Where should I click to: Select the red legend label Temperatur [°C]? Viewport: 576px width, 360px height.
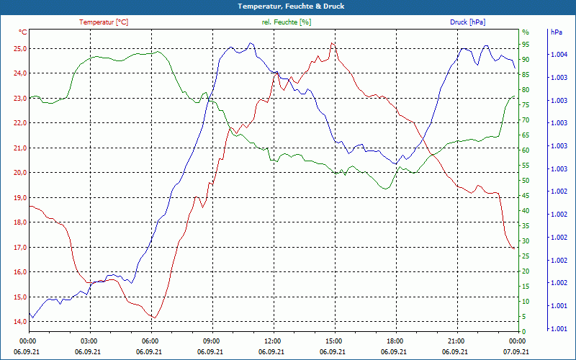[104, 22]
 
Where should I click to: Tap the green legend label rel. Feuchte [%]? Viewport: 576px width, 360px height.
[287, 22]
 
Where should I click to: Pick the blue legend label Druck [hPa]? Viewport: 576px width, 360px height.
[467, 22]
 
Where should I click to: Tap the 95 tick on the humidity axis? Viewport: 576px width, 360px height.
[526, 44]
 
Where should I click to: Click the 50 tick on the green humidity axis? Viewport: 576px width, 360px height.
[526, 180]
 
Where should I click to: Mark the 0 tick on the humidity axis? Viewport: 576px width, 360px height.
[524, 331]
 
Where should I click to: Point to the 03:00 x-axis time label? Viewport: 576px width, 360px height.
[89, 341]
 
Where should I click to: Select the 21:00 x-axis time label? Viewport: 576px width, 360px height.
[456, 341]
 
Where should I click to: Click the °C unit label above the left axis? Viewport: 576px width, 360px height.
[23, 32]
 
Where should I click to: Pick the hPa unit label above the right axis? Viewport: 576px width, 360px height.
[556, 32]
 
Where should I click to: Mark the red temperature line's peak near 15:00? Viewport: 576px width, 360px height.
[332, 43]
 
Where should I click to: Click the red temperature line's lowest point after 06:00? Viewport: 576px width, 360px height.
[154, 318]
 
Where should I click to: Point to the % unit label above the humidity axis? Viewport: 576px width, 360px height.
[526, 32]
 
